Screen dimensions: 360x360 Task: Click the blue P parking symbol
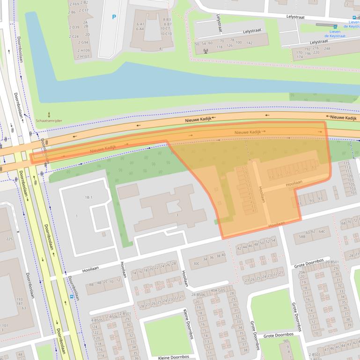(114, 17)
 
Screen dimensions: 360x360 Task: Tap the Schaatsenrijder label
(49, 120)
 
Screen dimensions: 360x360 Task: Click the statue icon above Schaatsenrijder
(49, 114)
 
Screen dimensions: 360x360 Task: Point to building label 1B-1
(88, 198)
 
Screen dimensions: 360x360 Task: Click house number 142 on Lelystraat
(249, 43)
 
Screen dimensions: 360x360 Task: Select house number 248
(327, 49)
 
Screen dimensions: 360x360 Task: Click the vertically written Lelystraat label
(219, 23)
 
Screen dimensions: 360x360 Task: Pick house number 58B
(302, 237)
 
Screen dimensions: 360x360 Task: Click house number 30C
(196, 263)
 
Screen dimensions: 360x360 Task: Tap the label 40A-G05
(217, 290)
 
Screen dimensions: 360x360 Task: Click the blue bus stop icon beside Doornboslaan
(71, 296)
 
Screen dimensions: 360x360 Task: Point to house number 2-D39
(74, 27)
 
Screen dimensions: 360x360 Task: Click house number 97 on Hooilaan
(320, 199)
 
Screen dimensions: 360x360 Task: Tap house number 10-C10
(166, 34)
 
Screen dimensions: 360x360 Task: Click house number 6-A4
(140, 29)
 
